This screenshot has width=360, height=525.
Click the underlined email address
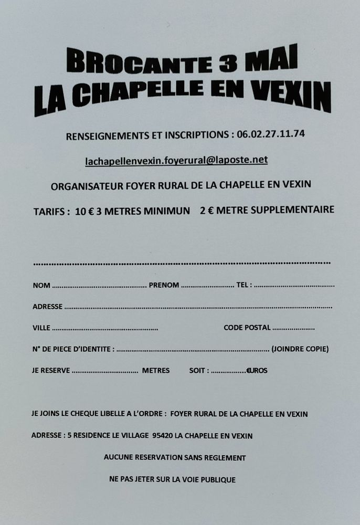click(176, 161)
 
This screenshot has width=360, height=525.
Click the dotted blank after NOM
click(99, 286)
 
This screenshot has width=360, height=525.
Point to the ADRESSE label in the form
click(47, 307)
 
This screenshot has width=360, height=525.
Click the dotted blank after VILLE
click(105, 329)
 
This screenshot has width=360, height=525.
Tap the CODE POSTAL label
click(247, 328)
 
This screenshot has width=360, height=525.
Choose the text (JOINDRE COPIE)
click(300, 349)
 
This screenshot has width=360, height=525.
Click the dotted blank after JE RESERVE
click(104, 371)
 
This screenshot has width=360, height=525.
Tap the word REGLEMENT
click(225, 458)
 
